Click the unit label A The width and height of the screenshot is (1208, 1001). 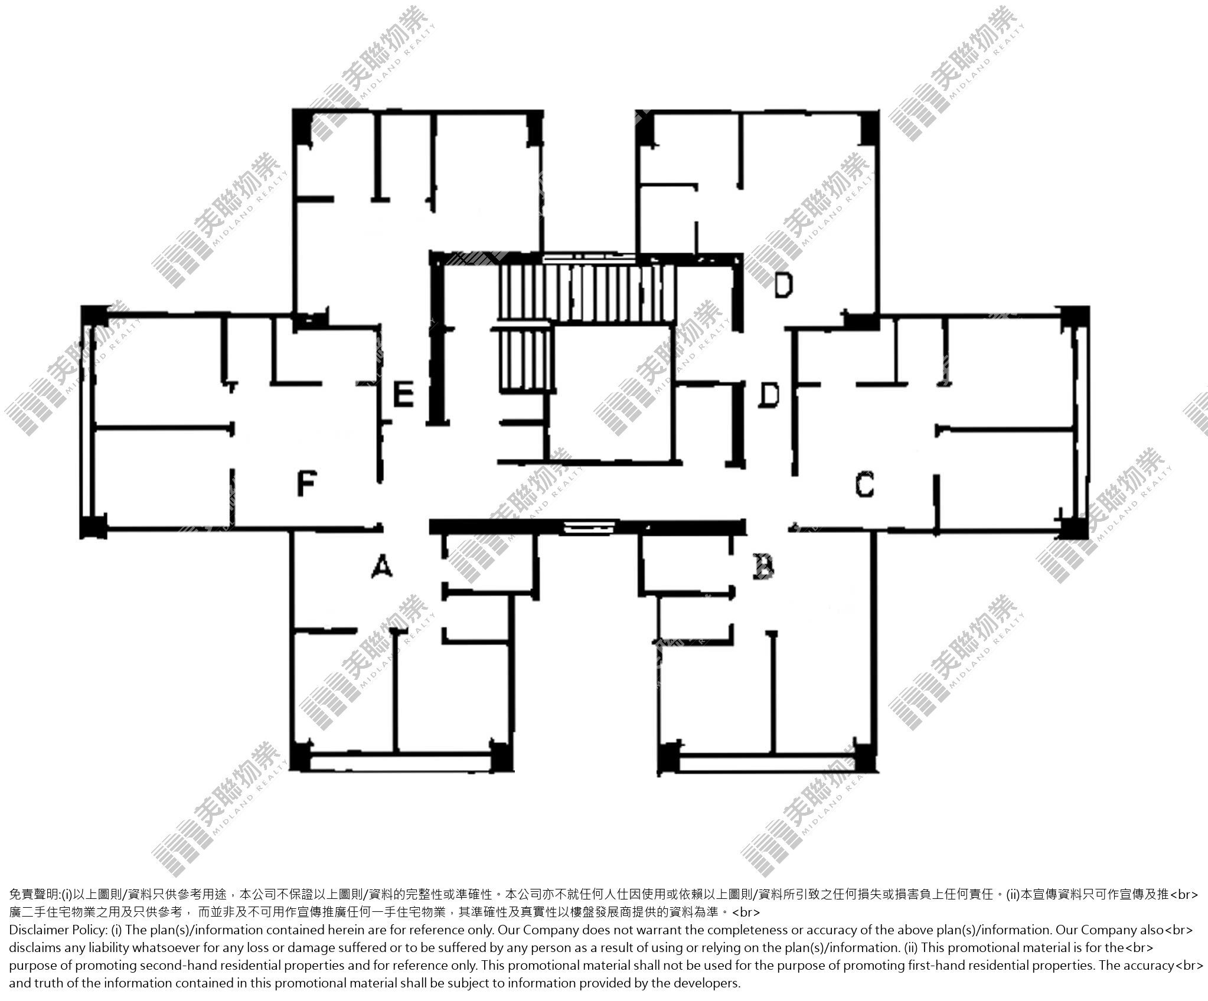382,567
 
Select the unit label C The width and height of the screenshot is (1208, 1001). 864,485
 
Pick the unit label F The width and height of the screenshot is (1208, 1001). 306,484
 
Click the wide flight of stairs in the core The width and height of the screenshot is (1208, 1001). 586,293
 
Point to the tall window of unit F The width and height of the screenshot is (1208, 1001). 88,421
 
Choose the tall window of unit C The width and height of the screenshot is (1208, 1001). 1080,421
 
